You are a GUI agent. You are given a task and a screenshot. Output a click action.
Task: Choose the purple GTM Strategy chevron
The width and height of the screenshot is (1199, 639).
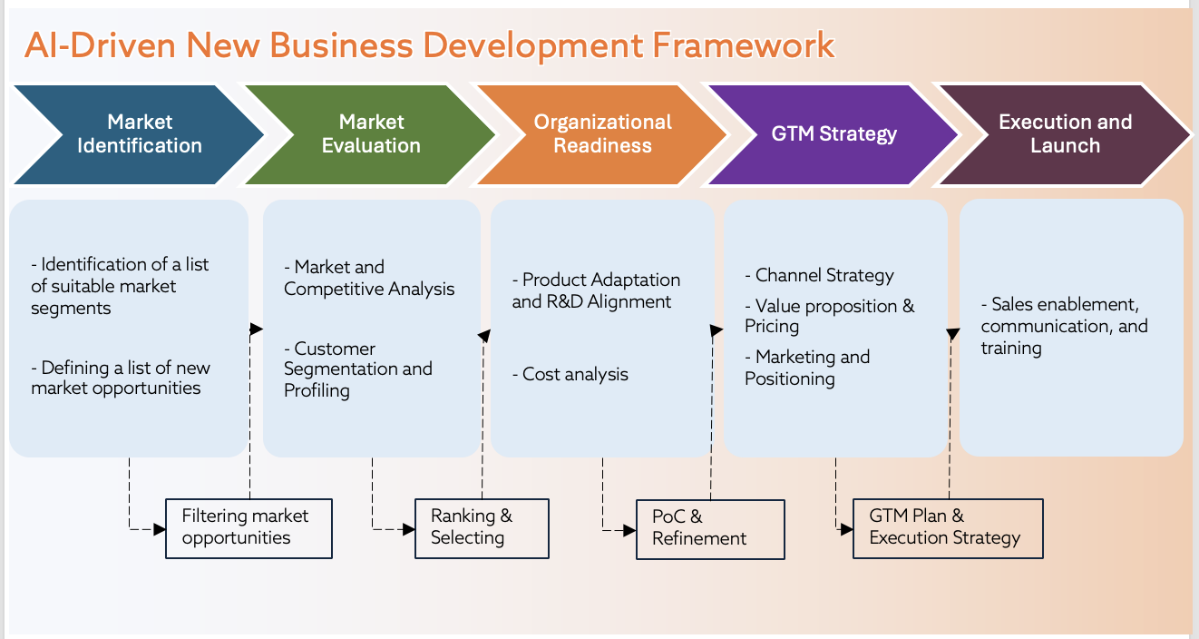pyautogui.click(x=833, y=134)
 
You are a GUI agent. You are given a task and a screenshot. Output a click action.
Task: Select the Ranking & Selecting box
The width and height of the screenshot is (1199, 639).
pyautogui.click(x=482, y=527)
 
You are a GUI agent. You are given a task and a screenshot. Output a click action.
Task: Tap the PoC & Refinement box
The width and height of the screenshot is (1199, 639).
pyautogui.click(x=709, y=528)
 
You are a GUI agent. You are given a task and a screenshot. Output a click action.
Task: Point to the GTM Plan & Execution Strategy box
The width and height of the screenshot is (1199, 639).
pyautogui.click(x=948, y=527)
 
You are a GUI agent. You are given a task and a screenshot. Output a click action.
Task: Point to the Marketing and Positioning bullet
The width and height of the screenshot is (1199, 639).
pyautogui.click(x=807, y=368)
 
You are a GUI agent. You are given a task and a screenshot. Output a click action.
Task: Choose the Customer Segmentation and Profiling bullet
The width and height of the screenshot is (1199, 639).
pyautogui.click(x=357, y=369)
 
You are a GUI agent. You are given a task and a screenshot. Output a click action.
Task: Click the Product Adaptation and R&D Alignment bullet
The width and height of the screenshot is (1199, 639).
pyautogui.click(x=596, y=290)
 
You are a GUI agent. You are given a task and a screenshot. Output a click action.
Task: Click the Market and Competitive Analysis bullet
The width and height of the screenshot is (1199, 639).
pyautogui.click(x=369, y=278)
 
